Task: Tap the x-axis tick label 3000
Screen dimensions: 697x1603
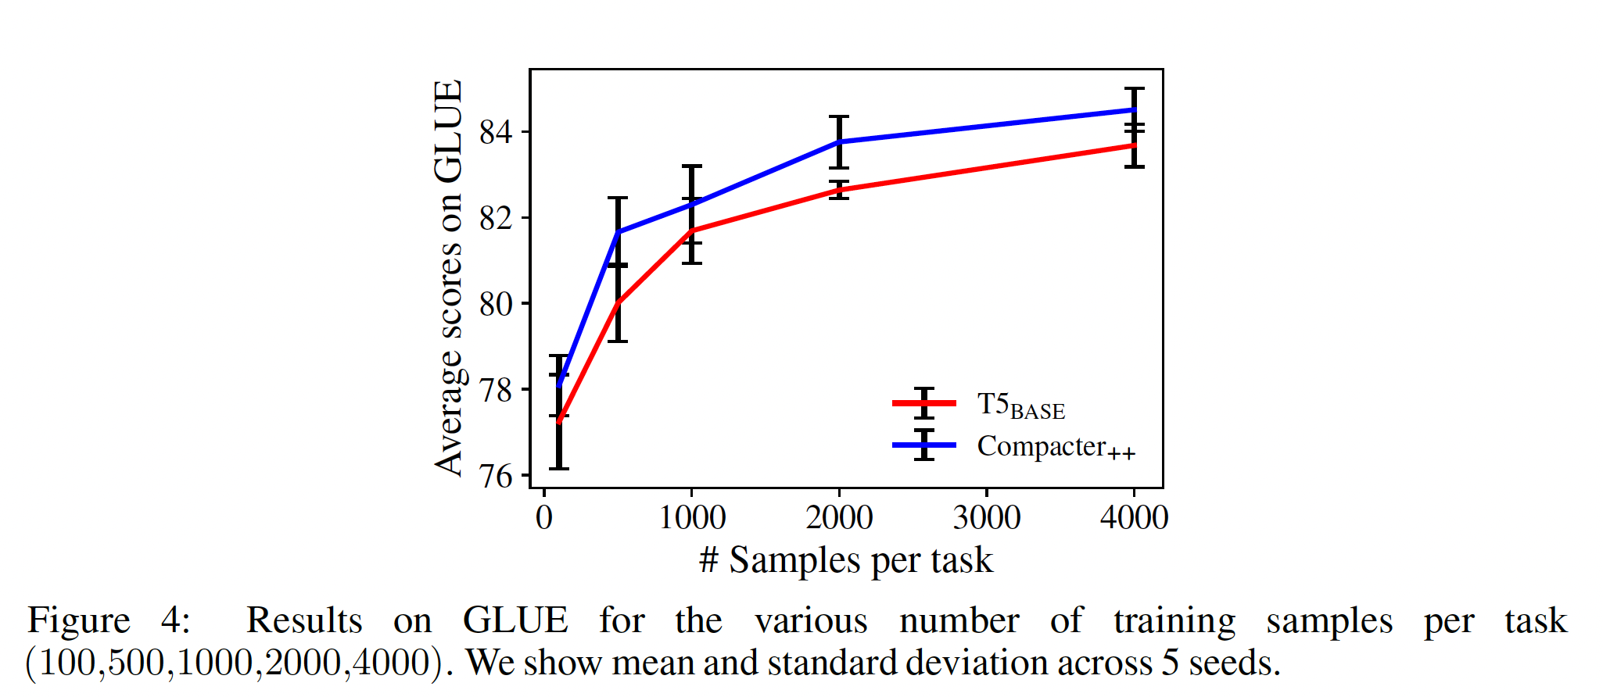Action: click(x=987, y=518)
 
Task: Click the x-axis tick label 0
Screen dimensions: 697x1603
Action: click(x=544, y=518)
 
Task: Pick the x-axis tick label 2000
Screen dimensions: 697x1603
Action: click(x=839, y=518)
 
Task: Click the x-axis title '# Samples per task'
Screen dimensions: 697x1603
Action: click(x=845, y=560)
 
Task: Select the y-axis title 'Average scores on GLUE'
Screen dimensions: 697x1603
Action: click(x=449, y=277)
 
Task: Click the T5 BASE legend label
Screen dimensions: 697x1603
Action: click(x=1020, y=406)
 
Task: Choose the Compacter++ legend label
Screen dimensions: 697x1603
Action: click(x=1056, y=447)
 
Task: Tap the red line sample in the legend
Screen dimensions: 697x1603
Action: click(x=924, y=403)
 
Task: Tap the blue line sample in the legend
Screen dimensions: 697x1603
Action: click(x=924, y=445)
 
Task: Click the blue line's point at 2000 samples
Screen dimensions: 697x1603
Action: click(x=839, y=142)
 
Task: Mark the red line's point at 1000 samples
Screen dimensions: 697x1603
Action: click(x=692, y=230)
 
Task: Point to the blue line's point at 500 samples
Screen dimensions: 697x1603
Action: click(x=619, y=232)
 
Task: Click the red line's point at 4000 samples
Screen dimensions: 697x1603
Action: click(x=1135, y=145)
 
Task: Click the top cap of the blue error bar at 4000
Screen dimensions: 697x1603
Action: click(x=1135, y=89)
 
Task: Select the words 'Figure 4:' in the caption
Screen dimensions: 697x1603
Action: click(x=109, y=621)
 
